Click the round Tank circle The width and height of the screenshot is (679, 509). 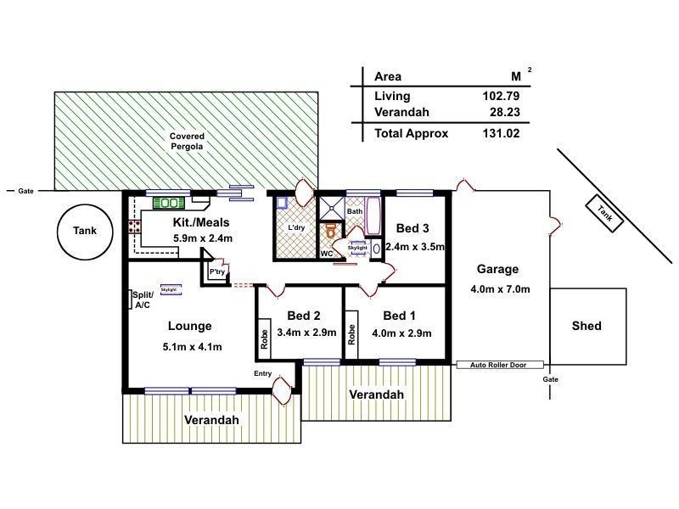85,231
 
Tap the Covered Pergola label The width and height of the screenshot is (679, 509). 187,141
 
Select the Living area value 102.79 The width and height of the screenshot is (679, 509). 500,96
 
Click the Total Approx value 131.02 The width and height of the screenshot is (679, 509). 500,133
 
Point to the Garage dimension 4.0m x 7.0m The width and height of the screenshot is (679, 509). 500,289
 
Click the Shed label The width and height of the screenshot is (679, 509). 586,326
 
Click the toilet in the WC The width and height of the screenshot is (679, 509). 330,232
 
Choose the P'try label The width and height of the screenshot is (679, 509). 217,271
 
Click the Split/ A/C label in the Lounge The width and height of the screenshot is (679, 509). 141,299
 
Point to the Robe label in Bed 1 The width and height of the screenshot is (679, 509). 351,333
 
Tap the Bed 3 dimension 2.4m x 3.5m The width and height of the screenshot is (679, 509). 415,247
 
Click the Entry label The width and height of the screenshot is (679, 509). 263,373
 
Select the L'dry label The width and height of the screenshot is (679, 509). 296,228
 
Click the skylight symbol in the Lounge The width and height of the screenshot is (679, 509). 169,289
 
